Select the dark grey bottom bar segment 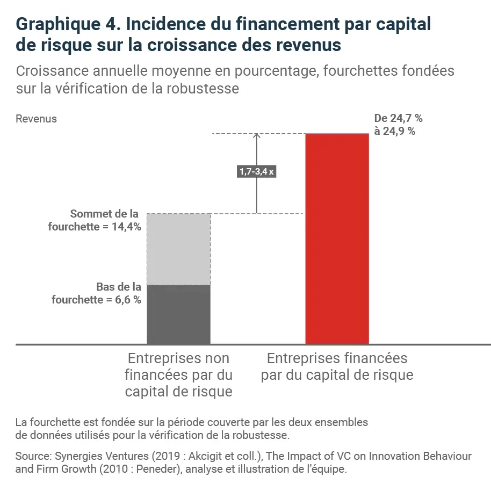[178, 314]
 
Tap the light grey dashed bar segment [178, 249]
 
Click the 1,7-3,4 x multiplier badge [256, 172]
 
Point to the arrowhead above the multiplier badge [256, 136]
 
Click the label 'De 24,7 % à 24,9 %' [394, 125]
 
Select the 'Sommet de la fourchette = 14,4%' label [95, 220]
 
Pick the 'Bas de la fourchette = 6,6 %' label [97, 293]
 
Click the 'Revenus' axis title [36, 119]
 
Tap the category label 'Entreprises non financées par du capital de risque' [178, 375]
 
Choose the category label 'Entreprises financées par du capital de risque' [337, 366]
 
